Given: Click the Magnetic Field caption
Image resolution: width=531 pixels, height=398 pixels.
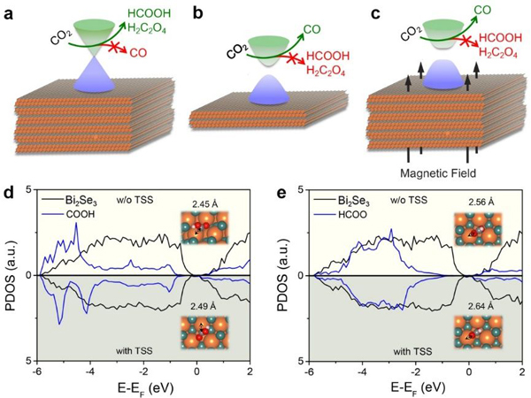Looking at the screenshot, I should point(424,172).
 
